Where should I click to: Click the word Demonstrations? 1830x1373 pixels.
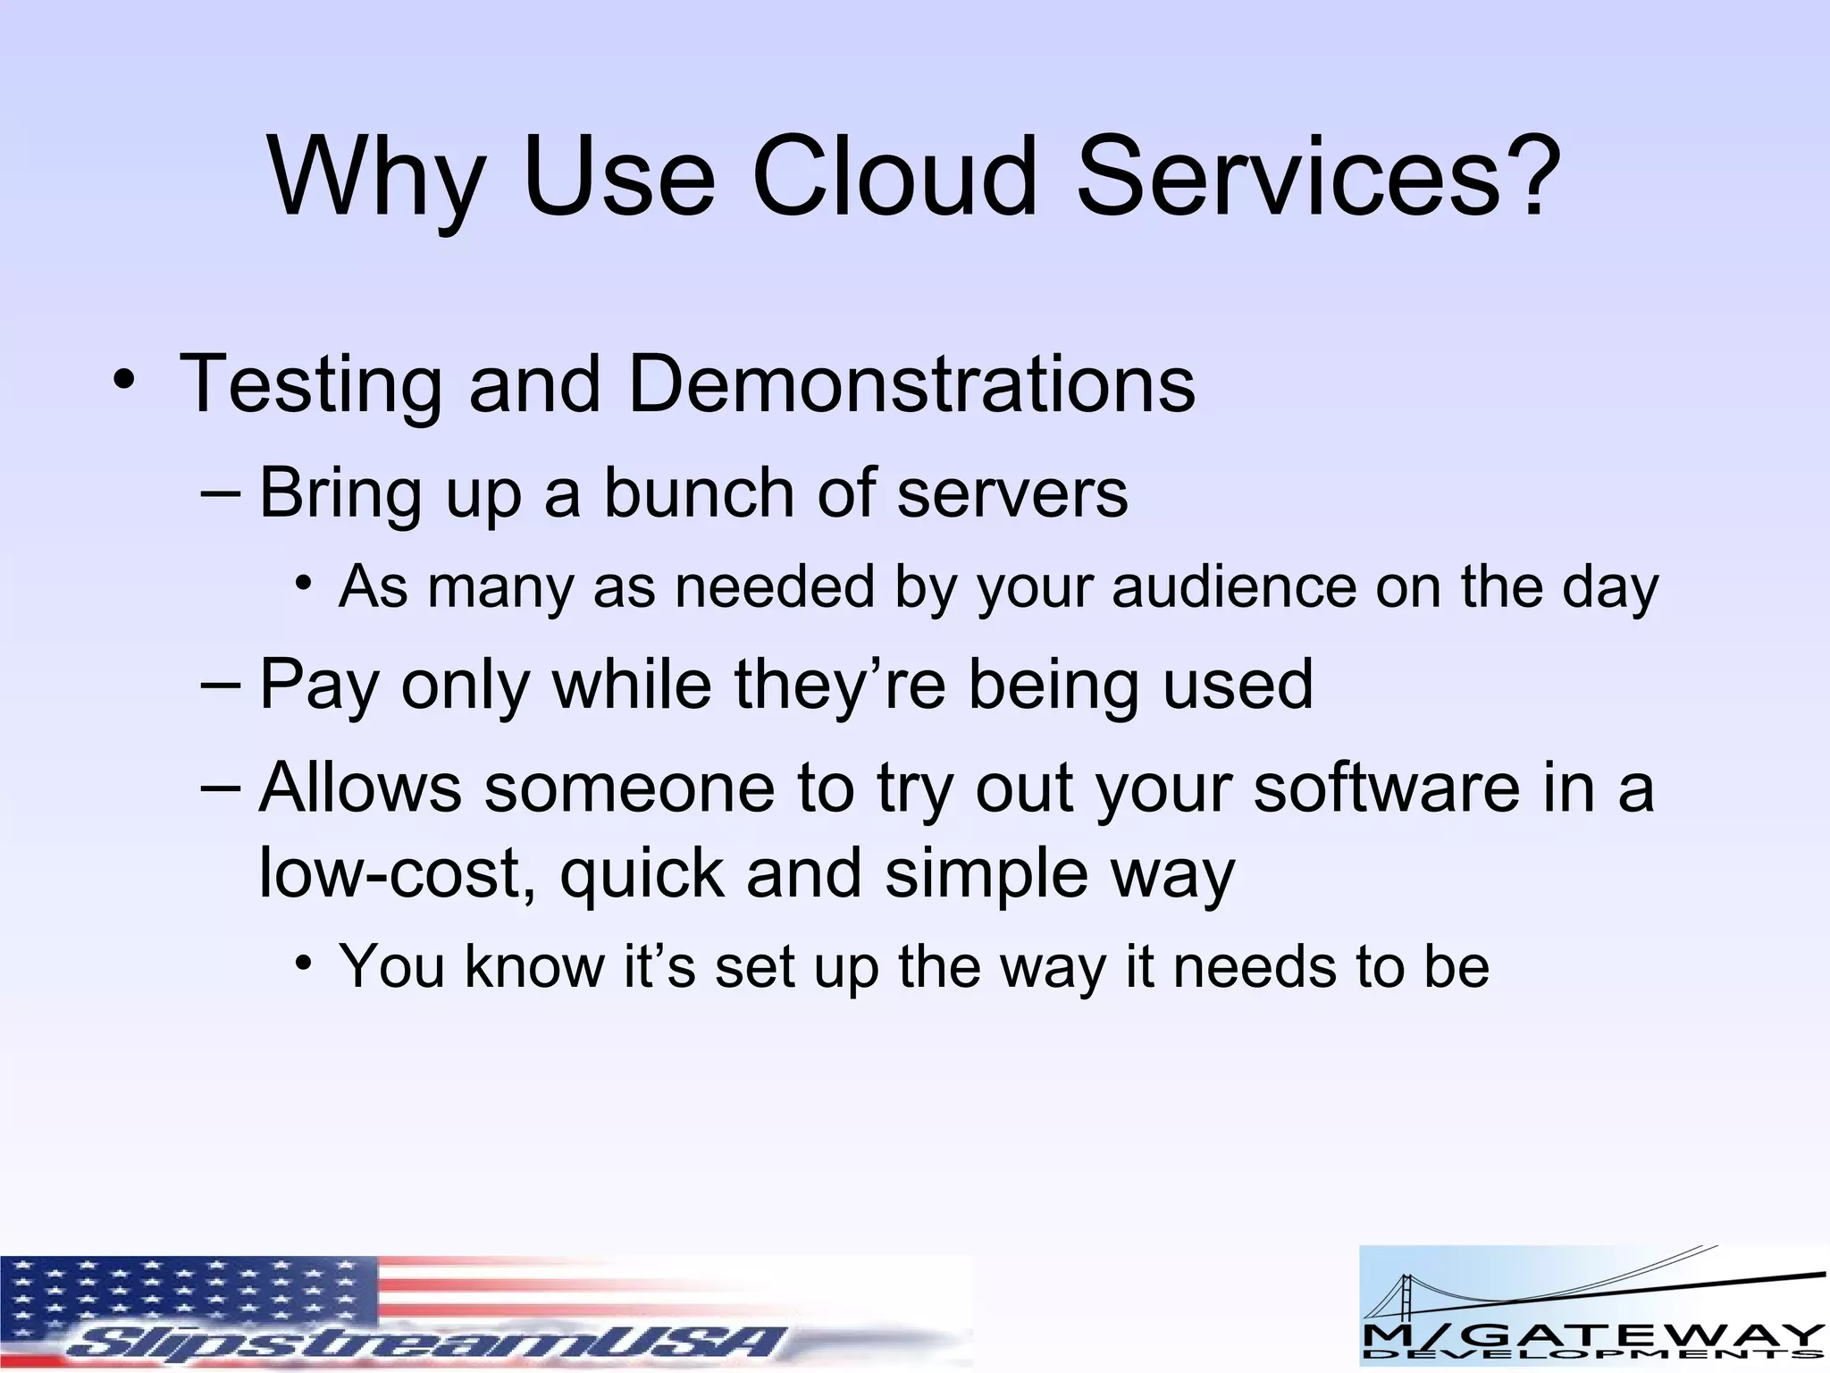911,383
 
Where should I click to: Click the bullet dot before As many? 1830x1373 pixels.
305,584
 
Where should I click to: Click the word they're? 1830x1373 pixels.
840,685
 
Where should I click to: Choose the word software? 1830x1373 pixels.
1386,788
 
